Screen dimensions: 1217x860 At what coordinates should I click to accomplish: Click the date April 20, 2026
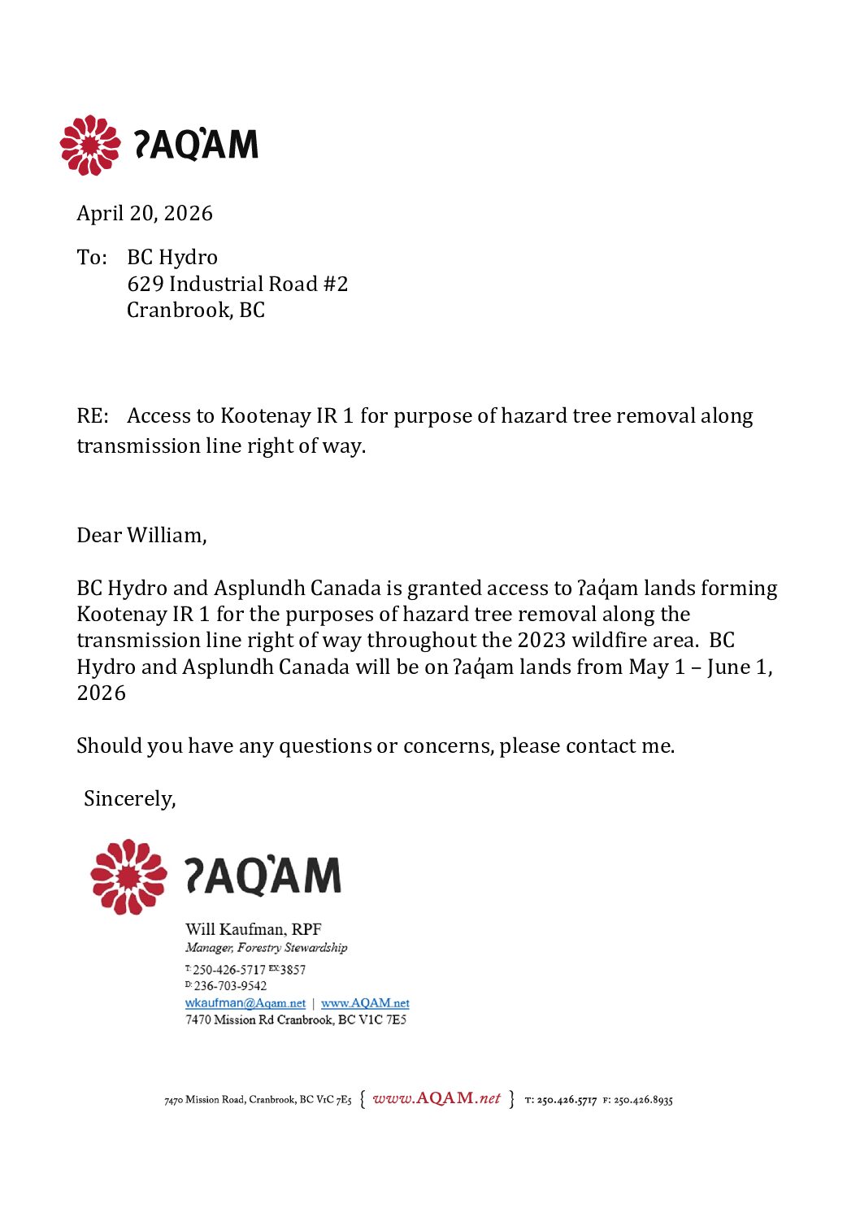click(145, 213)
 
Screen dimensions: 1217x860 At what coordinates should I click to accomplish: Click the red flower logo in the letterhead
click(90, 146)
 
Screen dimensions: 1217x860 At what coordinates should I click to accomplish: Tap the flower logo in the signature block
click(128, 876)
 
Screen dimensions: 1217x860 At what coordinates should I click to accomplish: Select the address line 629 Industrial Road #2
click(237, 284)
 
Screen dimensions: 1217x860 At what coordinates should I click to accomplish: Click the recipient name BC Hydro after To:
click(172, 257)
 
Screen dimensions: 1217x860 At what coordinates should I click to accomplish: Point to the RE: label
click(93, 416)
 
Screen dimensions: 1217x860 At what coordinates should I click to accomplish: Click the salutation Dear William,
click(141, 535)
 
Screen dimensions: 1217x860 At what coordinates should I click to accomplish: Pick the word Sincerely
click(129, 798)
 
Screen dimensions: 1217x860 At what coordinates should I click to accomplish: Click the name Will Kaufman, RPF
click(254, 929)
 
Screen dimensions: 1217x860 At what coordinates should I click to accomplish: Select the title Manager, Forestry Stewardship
click(266, 947)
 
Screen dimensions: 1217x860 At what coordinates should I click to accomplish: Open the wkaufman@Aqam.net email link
click(245, 1003)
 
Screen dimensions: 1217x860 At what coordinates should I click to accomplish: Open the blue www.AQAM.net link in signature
click(365, 1003)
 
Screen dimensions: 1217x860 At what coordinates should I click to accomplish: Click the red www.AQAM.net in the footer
click(437, 1098)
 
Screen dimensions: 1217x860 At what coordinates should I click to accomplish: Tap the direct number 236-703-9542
click(230, 986)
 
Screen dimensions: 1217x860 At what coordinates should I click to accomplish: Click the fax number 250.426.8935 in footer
click(643, 1100)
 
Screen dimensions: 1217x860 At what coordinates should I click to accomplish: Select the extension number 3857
click(293, 970)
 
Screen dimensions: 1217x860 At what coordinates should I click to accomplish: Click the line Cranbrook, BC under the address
click(196, 310)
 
